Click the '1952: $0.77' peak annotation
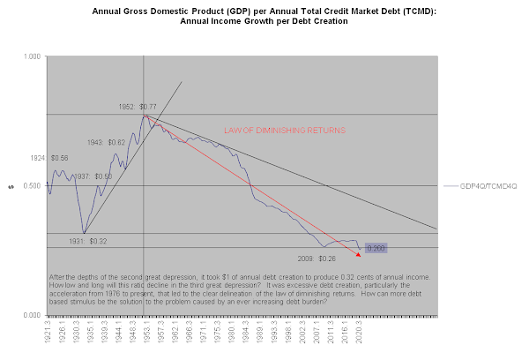(137, 107)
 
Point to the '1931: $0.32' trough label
(88, 241)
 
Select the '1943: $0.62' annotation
(107, 141)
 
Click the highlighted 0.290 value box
(376, 249)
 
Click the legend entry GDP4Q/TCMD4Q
(488, 187)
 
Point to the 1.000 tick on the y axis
(31, 56)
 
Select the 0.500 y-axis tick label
(31, 186)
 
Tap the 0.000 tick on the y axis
(31, 315)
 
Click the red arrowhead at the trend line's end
(358, 254)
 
